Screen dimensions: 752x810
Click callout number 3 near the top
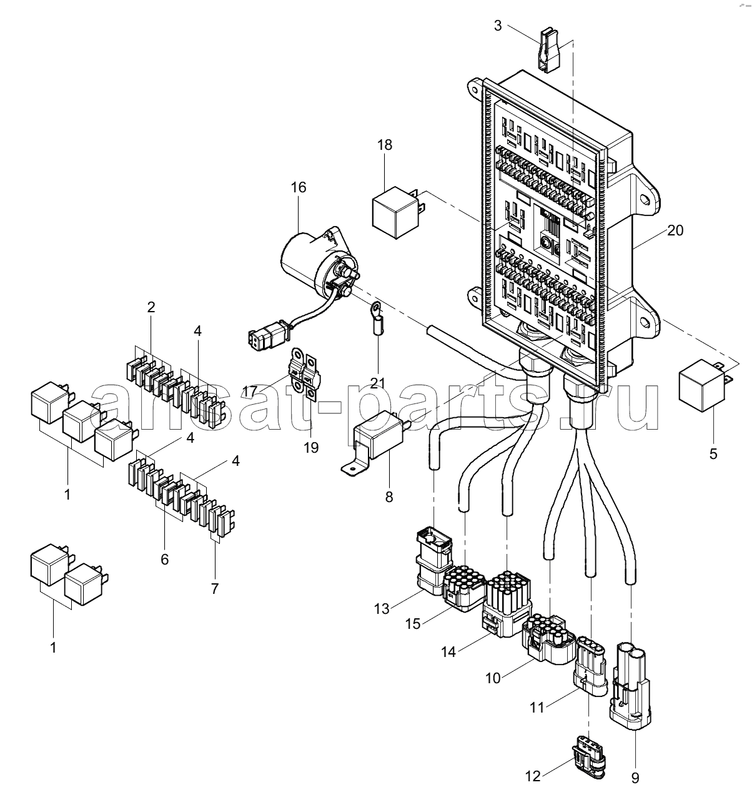[x=497, y=26]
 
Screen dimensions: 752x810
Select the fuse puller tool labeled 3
[x=549, y=50]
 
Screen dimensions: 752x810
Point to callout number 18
[x=385, y=145]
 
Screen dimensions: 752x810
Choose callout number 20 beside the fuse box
[x=675, y=230]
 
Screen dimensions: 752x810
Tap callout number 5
[x=713, y=454]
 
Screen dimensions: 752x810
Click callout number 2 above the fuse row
[x=151, y=307]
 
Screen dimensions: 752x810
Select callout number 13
[x=382, y=609]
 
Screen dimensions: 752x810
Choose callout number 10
[x=493, y=678]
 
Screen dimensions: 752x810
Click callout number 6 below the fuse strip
[x=164, y=559]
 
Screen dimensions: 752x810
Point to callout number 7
[x=215, y=588]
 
